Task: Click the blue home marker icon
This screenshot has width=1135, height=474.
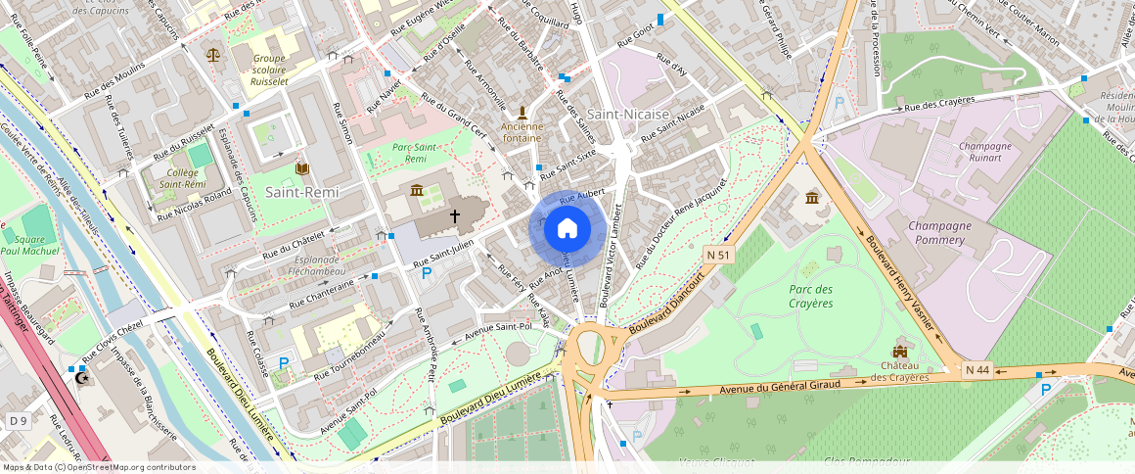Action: point(566,229)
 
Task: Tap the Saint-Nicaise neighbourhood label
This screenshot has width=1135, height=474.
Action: point(628,115)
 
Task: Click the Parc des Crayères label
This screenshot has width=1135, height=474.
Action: point(810,296)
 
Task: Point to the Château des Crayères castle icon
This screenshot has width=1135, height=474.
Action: point(899,351)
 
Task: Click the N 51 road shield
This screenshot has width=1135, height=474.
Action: point(719,255)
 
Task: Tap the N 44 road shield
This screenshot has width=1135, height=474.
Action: point(976,369)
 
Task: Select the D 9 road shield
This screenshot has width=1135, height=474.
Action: point(18,420)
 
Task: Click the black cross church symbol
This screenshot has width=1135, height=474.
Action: point(455,214)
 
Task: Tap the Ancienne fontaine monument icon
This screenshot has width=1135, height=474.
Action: point(522,113)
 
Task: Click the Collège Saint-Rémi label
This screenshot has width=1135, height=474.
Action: point(182,178)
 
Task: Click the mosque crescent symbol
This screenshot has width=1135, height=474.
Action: point(81,377)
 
